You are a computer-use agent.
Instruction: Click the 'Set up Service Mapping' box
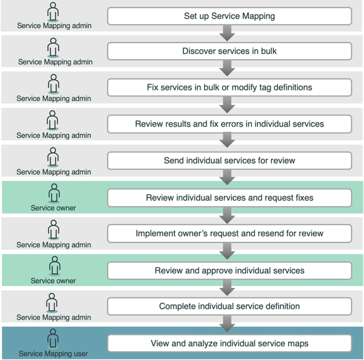[x=229, y=16]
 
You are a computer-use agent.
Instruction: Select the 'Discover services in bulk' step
[x=229, y=51]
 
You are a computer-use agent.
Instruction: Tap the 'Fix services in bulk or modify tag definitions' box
[x=229, y=87]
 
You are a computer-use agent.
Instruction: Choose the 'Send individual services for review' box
[x=229, y=161]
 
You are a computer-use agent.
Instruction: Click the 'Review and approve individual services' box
[x=229, y=271]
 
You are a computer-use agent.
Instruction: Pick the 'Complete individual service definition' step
[x=229, y=306]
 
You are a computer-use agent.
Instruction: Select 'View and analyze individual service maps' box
[x=229, y=343]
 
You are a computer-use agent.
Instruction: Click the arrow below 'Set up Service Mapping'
[x=228, y=33]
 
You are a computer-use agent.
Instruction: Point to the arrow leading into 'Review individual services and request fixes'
[x=228, y=177]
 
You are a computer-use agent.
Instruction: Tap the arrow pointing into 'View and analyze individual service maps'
[x=228, y=324]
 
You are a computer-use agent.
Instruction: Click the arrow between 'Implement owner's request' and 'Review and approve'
[x=228, y=251]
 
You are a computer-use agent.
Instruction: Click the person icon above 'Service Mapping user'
[x=53, y=338]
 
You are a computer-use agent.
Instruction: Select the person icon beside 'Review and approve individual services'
[x=55, y=266]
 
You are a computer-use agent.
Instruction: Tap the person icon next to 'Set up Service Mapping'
[x=53, y=12]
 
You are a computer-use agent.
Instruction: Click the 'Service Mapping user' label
[x=53, y=354]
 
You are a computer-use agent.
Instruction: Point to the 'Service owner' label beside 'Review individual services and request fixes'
[x=53, y=208]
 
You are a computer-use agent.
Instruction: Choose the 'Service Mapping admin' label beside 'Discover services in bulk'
[x=55, y=62]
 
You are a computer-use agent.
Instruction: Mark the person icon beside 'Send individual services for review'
[x=53, y=157]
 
